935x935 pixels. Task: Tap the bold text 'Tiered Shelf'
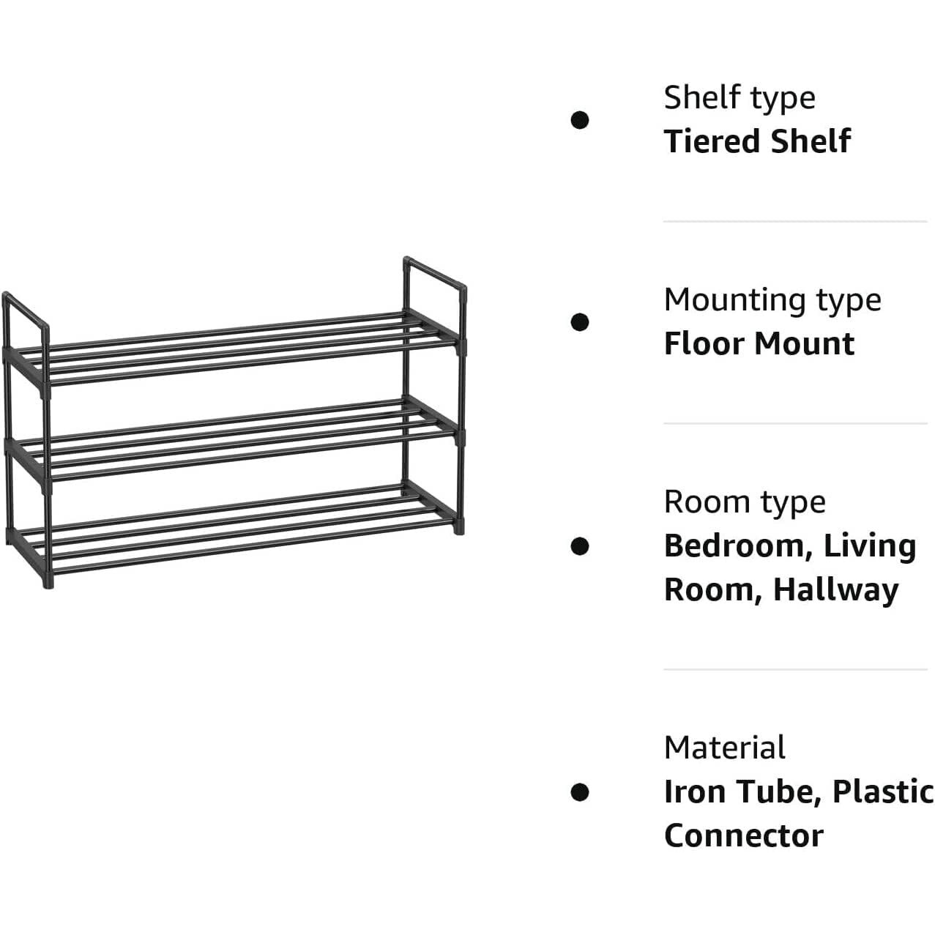[x=757, y=141]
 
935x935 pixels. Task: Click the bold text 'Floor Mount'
[x=759, y=343]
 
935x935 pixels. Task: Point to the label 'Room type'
[x=745, y=504]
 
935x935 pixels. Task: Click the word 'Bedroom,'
[x=739, y=547]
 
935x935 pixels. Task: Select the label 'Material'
[x=724, y=748]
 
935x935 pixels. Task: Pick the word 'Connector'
[x=743, y=836]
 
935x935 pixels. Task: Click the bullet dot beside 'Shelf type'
[x=579, y=120]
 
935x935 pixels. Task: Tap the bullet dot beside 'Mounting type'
[x=579, y=322]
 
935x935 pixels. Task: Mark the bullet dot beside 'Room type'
[x=579, y=546]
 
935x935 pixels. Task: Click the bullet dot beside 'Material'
[x=579, y=793]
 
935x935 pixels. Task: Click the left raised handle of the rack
[x=25, y=310]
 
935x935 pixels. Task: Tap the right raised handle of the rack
[x=435, y=273]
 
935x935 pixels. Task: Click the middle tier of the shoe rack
[x=233, y=439]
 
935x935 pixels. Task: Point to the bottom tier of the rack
[x=233, y=529]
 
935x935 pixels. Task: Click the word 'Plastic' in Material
[x=883, y=792]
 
